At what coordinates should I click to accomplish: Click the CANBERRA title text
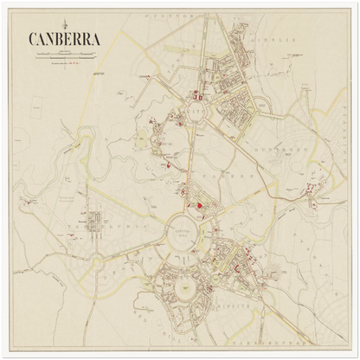tap(64, 39)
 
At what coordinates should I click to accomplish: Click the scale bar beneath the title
tap(65, 55)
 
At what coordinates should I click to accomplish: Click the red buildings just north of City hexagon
tap(200, 97)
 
